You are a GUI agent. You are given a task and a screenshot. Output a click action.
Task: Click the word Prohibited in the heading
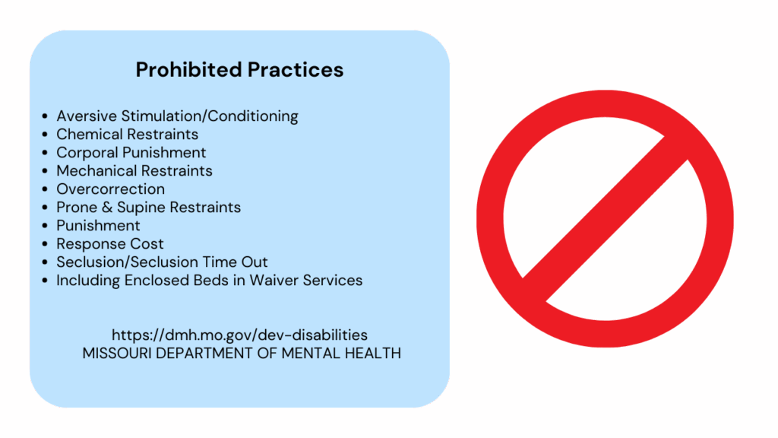[189, 69]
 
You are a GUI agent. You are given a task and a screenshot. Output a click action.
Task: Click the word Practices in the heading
[296, 69]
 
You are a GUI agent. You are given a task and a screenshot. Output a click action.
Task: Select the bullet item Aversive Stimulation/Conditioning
[177, 116]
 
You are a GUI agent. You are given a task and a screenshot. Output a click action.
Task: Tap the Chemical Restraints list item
[127, 134]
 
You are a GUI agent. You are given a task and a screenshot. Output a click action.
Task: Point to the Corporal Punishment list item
[131, 152]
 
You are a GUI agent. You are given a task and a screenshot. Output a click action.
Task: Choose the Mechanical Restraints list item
[134, 171]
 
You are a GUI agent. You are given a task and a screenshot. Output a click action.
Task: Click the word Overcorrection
[111, 189]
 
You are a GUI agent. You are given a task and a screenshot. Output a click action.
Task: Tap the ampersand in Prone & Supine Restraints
[106, 208]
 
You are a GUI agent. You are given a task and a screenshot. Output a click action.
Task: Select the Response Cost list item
[109, 244]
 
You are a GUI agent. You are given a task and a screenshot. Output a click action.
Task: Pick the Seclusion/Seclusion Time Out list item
[162, 262]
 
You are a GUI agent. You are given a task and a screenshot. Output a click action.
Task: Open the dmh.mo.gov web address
[239, 335]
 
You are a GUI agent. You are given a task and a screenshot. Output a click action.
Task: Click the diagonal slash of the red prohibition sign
[606, 219]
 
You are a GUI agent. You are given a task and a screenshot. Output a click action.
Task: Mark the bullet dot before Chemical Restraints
[45, 135]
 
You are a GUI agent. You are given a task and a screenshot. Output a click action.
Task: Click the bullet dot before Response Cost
[45, 244]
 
